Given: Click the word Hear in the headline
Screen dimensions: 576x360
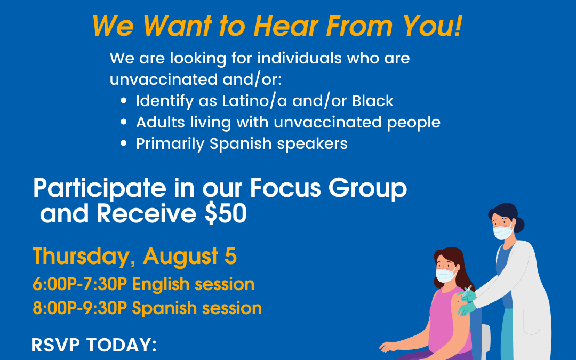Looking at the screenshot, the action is pos(286,27).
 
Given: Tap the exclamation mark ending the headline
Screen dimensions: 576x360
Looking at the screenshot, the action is pos(458,27).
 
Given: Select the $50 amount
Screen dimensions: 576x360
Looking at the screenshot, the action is pos(226,213).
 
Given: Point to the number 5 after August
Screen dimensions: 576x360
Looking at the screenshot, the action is pos(231,256).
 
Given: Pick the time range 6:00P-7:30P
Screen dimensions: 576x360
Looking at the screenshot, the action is pos(79,284).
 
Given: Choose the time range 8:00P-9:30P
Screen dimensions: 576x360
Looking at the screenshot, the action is pos(79,308).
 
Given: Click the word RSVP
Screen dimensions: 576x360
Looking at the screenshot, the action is pos(55,345).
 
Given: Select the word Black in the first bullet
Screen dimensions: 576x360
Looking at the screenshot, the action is pos(373,101).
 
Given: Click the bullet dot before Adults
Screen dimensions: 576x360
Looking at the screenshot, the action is pos(124,122).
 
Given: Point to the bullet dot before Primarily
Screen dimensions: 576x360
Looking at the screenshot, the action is pos(124,143).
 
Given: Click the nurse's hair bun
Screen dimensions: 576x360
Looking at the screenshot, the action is pos(519,225).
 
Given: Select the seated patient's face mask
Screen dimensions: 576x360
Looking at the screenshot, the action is pos(445,275).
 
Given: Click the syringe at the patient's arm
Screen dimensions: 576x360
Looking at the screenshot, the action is pos(467,292).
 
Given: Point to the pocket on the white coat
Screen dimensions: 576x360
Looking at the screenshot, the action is pos(532,322).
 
